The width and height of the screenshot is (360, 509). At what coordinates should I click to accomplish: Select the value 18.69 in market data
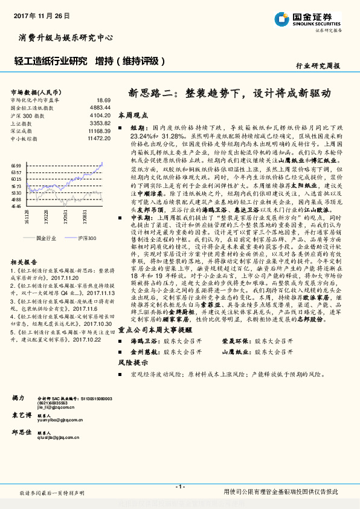tap(103, 99)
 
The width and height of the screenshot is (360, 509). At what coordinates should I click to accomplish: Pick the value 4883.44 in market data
tap(100, 107)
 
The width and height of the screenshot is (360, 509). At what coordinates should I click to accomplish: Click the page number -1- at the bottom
tap(179, 487)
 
